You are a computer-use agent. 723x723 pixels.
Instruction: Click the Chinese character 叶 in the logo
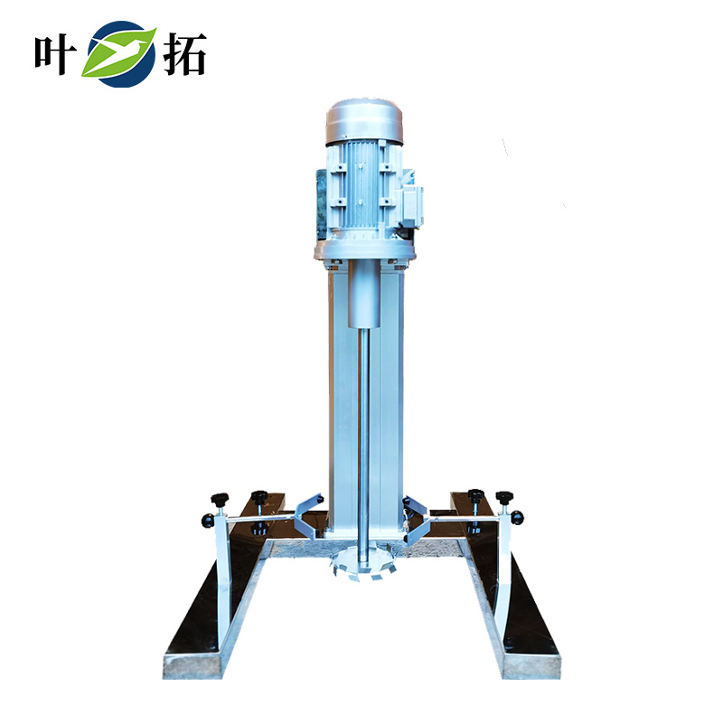click(x=55, y=54)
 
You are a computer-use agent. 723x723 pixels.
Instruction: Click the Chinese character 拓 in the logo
click(x=184, y=54)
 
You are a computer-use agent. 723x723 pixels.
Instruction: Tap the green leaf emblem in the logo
click(x=120, y=53)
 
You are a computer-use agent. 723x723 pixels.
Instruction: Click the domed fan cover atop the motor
click(x=364, y=121)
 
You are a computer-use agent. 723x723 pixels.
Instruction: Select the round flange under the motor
click(x=364, y=250)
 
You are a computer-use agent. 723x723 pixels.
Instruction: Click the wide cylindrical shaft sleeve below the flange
click(x=364, y=293)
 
